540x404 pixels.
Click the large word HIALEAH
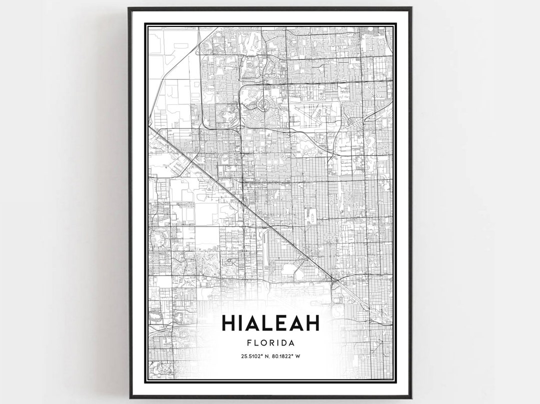[270, 323]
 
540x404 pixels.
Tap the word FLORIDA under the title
[270, 343]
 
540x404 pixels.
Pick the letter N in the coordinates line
[266, 356]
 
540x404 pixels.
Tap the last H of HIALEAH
[311, 323]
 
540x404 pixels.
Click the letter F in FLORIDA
[249, 343]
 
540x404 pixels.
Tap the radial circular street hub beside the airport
[262, 104]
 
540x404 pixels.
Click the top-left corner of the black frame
[129, 8]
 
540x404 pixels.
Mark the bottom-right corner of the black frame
[410, 397]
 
